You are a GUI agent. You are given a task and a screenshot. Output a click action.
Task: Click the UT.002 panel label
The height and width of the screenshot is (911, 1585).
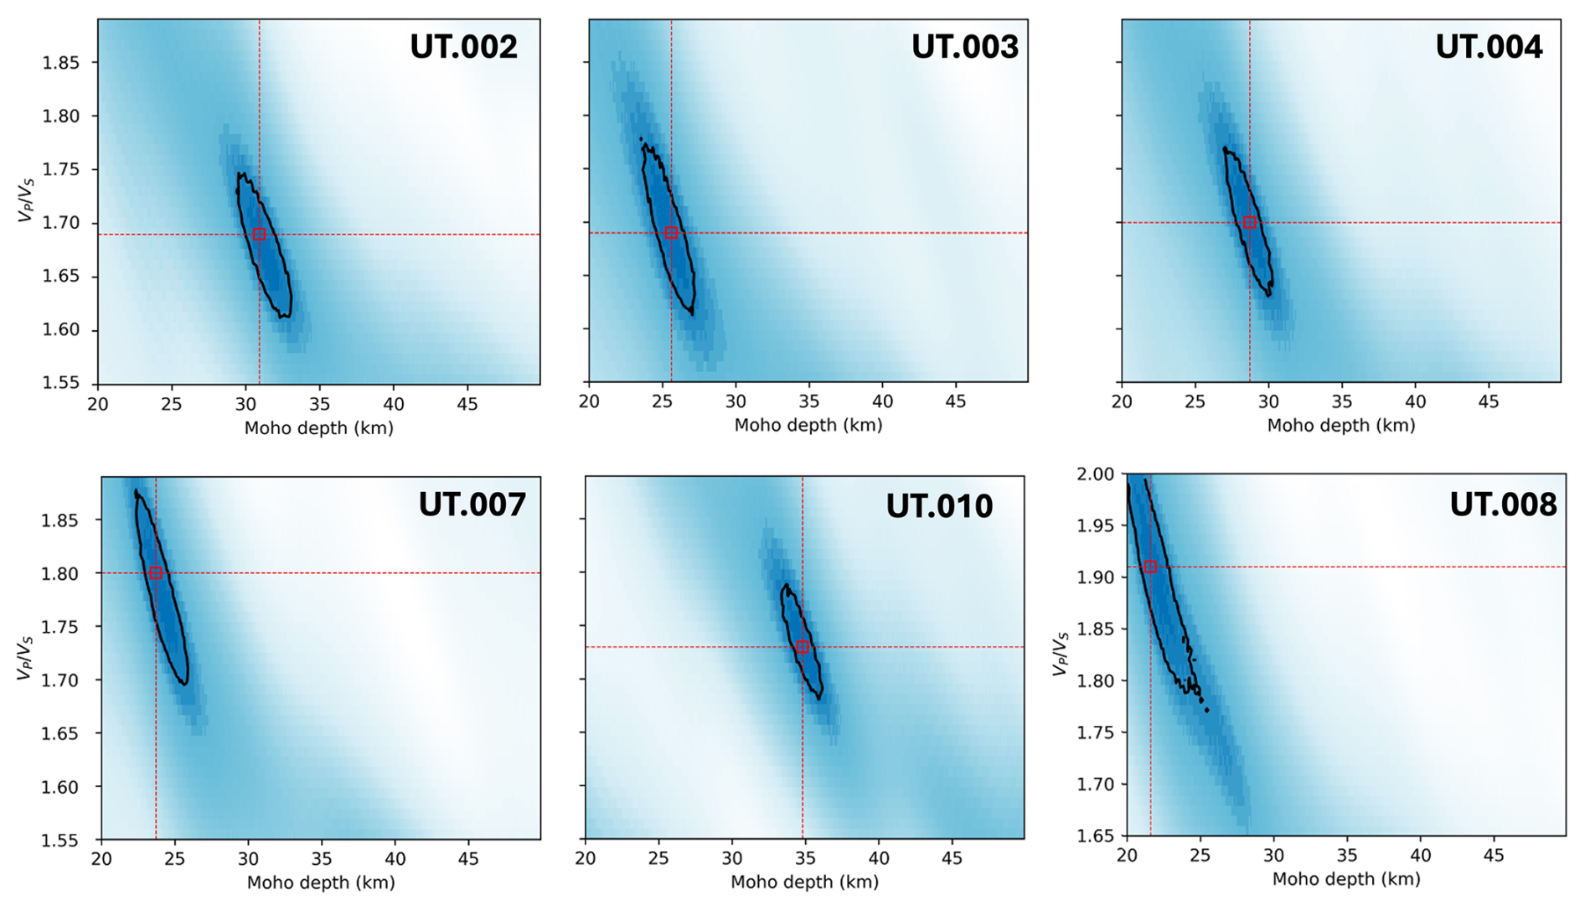click(x=463, y=46)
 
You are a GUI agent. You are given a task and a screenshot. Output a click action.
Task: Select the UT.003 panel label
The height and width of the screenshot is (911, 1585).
click(x=964, y=46)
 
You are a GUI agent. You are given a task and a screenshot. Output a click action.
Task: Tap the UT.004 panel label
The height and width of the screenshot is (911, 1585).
click(x=1489, y=46)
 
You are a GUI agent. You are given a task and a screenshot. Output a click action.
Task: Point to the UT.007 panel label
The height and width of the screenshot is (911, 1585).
click(x=472, y=505)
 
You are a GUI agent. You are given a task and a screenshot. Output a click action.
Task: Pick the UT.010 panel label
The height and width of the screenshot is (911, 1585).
click(x=939, y=506)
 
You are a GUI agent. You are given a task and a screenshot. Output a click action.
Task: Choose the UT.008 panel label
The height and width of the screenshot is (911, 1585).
click(x=1503, y=505)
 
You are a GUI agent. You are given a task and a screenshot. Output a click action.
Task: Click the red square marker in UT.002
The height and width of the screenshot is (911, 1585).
click(x=260, y=235)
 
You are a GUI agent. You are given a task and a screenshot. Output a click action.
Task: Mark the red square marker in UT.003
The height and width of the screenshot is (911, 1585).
click(x=671, y=233)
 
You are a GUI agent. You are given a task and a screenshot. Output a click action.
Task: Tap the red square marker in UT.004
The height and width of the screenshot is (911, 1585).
click(x=1250, y=223)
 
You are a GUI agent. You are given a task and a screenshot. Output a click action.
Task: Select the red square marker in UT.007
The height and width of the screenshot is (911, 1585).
click(x=156, y=573)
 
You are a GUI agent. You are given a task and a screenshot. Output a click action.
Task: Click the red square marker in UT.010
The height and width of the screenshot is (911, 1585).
click(x=803, y=647)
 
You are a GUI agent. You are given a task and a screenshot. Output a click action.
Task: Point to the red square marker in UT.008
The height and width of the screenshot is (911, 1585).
click(x=1150, y=567)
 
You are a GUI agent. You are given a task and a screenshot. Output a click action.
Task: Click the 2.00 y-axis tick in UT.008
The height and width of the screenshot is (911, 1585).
click(x=1095, y=474)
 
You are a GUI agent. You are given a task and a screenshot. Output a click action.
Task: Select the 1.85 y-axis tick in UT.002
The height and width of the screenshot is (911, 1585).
click(x=60, y=63)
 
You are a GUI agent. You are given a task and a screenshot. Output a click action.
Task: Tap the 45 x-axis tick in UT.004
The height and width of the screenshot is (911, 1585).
click(x=1488, y=402)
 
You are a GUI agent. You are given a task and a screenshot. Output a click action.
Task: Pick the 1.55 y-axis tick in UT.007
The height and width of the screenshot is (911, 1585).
click(x=60, y=840)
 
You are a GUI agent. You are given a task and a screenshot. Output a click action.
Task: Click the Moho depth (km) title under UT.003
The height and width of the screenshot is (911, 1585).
click(x=808, y=426)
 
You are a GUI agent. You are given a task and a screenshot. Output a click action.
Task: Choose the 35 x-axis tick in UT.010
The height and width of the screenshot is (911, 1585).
click(x=805, y=859)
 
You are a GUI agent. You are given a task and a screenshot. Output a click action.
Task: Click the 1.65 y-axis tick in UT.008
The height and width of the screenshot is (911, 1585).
click(x=1095, y=836)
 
